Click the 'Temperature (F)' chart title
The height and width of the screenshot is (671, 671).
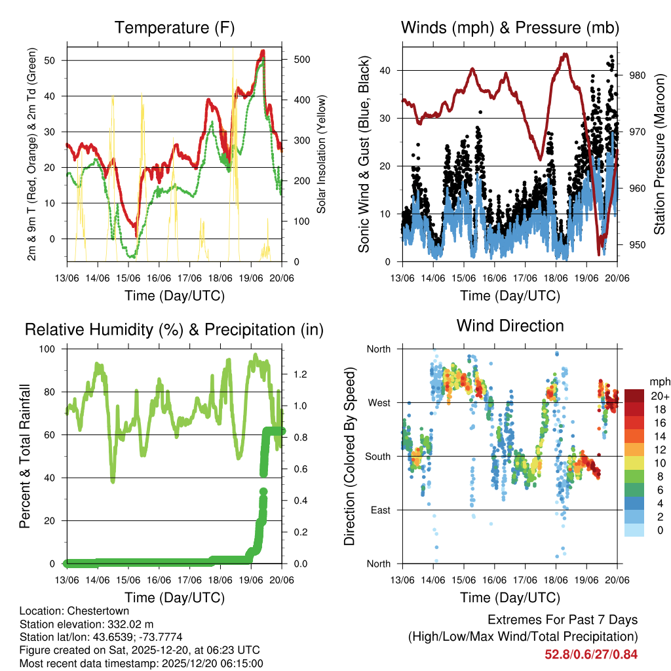[x=174, y=28]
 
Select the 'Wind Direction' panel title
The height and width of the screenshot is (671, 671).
[x=510, y=326]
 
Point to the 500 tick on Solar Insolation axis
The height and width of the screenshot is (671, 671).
[x=301, y=59]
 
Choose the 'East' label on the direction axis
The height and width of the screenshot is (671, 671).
[x=379, y=510]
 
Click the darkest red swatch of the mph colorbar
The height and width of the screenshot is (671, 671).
[x=634, y=395]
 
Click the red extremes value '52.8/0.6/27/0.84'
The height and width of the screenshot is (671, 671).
[x=591, y=654]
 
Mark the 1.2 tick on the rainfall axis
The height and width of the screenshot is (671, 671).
[x=300, y=375]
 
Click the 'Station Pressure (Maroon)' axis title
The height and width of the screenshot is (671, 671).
[x=659, y=154]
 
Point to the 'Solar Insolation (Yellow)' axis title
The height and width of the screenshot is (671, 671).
[x=322, y=154]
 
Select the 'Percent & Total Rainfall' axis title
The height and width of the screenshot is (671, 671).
[x=25, y=456]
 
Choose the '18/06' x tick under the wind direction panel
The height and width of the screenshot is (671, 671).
[x=556, y=580]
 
